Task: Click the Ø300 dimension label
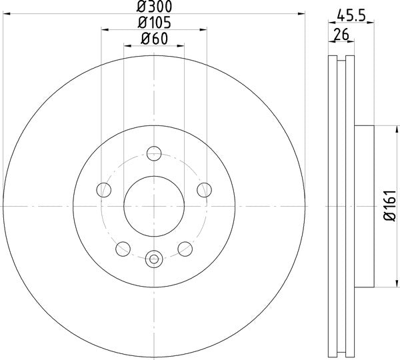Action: [x=154, y=7]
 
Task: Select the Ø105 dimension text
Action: [x=154, y=23]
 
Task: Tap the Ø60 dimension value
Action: [x=154, y=39]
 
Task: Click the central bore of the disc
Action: [x=154, y=207]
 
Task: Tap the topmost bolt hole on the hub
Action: [x=154, y=151]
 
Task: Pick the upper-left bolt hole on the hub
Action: [x=104, y=190]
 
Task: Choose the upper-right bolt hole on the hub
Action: [x=204, y=190]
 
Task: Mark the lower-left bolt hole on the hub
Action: [x=123, y=249]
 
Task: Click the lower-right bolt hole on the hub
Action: [x=185, y=249]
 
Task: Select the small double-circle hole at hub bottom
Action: [x=154, y=258]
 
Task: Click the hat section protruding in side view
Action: [x=363, y=207]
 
